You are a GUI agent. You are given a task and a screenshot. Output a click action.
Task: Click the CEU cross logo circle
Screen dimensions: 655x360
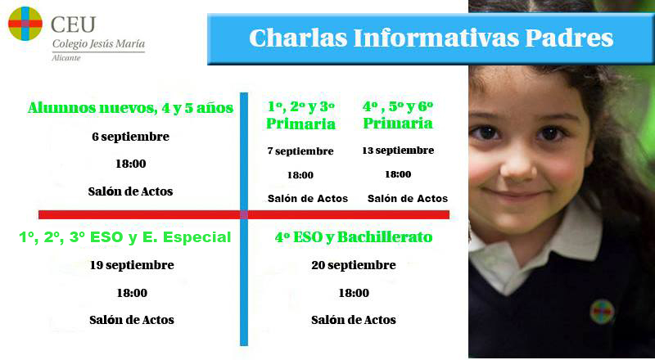(x=25, y=24)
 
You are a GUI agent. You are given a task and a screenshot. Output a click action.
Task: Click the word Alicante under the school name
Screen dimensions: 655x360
(x=66, y=58)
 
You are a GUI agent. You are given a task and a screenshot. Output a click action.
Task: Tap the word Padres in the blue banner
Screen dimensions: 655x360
(x=569, y=38)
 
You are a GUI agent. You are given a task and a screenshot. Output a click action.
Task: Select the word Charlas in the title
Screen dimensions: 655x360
(x=298, y=38)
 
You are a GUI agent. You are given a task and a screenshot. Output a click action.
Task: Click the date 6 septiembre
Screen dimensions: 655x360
(x=131, y=137)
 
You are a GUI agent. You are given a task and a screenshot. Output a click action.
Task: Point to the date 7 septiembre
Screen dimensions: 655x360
(x=300, y=151)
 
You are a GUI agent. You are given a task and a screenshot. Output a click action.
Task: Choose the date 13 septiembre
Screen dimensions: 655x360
(x=398, y=151)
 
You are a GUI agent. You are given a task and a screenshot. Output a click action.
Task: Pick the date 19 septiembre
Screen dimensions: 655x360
(x=132, y=265)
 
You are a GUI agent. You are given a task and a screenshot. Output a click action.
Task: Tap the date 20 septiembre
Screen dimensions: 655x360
(x=354, y=265)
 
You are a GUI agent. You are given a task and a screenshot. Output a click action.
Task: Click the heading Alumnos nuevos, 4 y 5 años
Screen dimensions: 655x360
(x=130, y=108)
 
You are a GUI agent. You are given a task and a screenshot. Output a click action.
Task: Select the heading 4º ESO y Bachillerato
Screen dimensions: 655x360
(x=354, y=236)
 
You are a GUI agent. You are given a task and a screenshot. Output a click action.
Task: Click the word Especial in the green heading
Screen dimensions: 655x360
(x=196, y=237)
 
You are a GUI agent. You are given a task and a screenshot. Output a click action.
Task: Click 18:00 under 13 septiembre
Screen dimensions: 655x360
(x=398, y=174)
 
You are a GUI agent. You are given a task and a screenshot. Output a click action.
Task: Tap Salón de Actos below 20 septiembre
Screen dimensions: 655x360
(x=354, y=321)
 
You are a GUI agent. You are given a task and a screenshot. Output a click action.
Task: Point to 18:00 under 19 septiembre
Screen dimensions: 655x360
(x=132, y=293)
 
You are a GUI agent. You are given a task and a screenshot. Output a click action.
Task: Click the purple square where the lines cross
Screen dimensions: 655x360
(x=244, y=214)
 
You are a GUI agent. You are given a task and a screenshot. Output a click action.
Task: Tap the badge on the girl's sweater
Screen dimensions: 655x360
(x=602, y=312)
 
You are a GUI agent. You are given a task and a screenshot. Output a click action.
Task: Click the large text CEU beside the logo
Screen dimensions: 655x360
(x=73, y=25)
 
